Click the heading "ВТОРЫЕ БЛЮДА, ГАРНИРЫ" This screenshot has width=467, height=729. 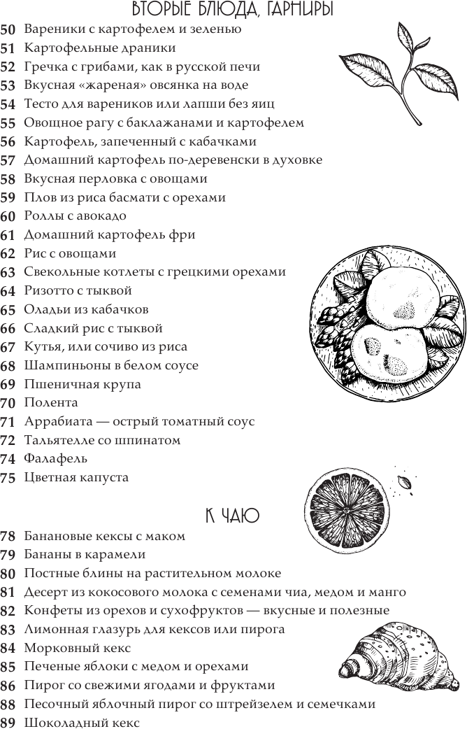coord(233,10)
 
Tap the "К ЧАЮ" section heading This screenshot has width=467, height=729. coord(232,516)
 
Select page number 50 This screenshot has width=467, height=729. coord(8,29)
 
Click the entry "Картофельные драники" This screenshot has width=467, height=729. coord(100,48)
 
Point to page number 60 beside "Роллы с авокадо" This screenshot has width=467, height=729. coord(8,216)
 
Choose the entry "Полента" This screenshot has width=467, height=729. coord(51,403)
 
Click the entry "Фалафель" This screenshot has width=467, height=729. coord(56,459)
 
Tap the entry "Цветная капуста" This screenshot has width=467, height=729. coord(77,478)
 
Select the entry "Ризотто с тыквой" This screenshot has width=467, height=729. coord(78,291)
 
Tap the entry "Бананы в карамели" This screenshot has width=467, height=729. coord(85,555)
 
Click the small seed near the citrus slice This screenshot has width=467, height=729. coord(403,483)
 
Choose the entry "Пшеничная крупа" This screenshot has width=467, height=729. coord(82,384)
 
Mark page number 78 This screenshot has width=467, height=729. coord(8,537)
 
